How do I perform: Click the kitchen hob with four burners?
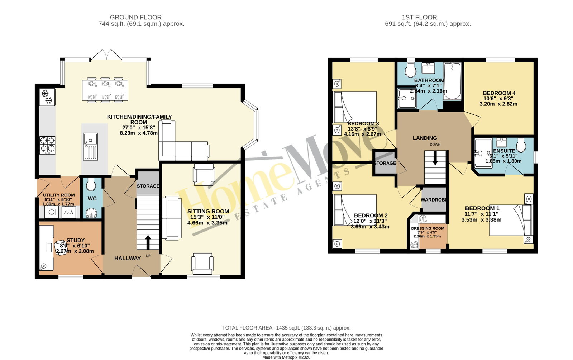[47, 145]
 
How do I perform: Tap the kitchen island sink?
[90, 146]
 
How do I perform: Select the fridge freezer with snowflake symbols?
[47, 97]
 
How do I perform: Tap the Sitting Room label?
[208, 211]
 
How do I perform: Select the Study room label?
[76, 240]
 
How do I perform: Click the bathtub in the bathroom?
[453, 81]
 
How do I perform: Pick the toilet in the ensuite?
[521, 145]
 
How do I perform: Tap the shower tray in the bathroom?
[407, 98]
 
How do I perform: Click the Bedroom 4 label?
[498, 93]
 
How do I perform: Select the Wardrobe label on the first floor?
[433, 200]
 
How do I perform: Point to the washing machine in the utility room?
[52, 212]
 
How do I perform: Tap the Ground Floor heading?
[135, 17]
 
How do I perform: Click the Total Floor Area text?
[286, 328]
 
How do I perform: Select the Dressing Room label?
[428, 228]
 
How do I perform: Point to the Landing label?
[425, 138]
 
